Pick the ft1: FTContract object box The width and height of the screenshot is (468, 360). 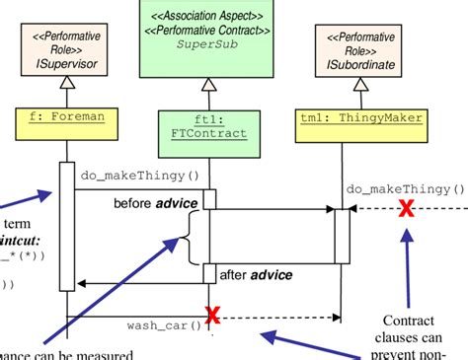[x=208, y=126]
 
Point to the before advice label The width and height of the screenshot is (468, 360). [x=157, y=203]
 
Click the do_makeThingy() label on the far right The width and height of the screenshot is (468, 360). [x=404, y=188]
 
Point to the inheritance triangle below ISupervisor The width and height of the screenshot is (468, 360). [x=67, y=96]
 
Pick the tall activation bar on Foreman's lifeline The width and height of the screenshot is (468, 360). [x=67, y=226]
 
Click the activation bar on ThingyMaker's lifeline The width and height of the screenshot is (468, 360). [x=342, y=237]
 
